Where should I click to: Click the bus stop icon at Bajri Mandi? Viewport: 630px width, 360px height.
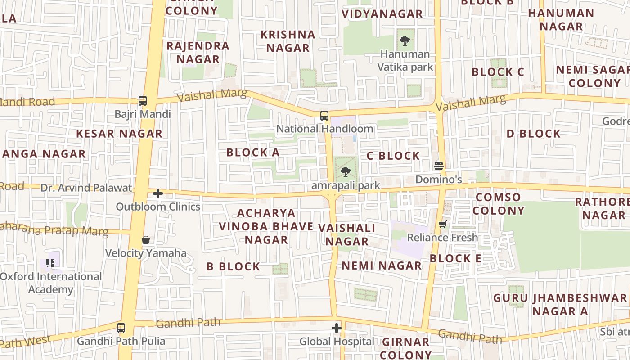tap(143, 101)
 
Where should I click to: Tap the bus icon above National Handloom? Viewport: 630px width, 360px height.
tap(324, 116)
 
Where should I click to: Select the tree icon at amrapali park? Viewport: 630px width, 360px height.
tap(346, 171)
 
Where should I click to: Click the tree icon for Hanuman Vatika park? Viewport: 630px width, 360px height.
tap(405, 41)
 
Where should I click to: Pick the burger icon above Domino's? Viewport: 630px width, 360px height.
tap(439, 166)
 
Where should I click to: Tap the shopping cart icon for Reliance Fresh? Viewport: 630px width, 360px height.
tap(443, 224)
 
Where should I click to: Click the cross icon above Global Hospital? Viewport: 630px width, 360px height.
tap(337, 328)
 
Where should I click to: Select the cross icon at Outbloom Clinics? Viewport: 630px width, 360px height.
tap(158, 193)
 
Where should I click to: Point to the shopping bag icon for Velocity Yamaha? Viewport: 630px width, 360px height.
tap(146, 240)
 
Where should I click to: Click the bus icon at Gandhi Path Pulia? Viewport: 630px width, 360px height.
tap(121, 328)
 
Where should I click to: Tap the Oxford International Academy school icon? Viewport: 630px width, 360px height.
tap(50, 263)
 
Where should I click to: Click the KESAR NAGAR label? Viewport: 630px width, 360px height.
tap(119, 134)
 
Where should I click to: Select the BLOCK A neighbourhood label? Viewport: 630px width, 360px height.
tap(253, 153)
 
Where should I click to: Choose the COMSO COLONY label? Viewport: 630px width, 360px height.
tap(499, 204)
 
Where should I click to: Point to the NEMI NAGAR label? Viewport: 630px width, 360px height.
tap(382, 266)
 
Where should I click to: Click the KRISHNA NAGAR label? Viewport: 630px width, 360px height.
tap(288, 41)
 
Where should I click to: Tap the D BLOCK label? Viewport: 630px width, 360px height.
tap(534, 134)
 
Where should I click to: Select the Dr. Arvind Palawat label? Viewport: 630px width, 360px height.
tap(86, 188)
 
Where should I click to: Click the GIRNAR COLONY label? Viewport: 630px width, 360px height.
tap(406, 348)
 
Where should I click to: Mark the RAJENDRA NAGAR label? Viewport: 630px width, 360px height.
tap(198, 52)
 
